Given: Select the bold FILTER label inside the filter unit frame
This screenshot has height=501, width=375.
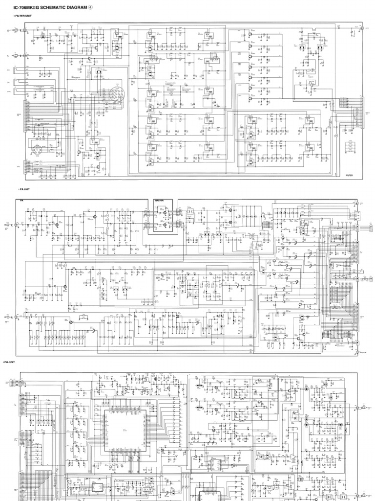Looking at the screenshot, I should [349, 175].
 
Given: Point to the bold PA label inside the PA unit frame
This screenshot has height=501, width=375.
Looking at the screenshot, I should [22, 201].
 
